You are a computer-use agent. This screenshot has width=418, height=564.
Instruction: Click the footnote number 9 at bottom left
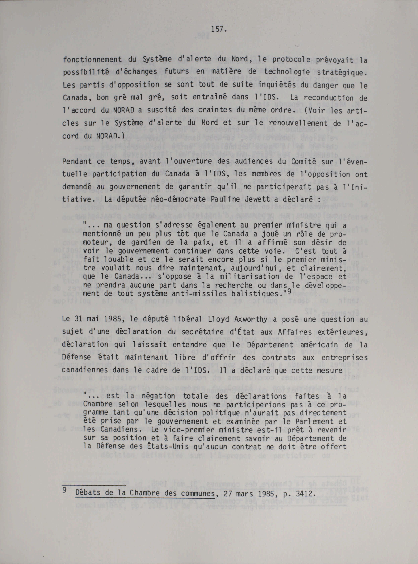[65, 490]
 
